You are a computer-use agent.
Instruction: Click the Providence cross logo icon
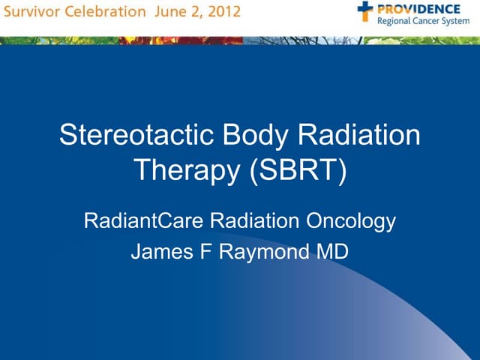pyautogui.click(x=364, y=10)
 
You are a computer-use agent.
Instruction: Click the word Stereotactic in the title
pyautogui.click(x=134, y=136)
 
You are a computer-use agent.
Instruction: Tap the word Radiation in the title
pyautogui.click(x=360, y=136)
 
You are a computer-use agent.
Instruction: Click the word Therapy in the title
pyautogui.click(x=187, y=170)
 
